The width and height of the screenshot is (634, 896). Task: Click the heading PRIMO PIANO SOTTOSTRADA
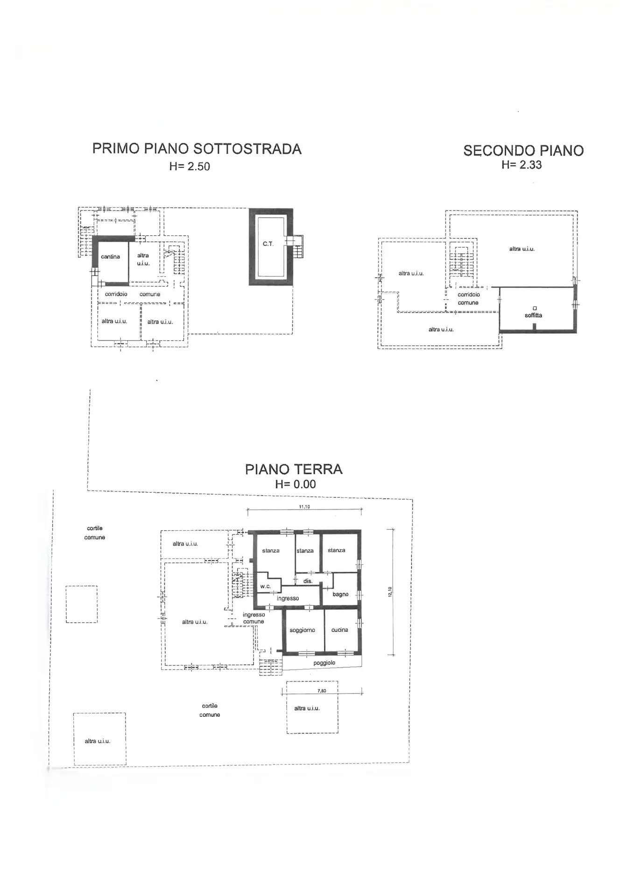197,149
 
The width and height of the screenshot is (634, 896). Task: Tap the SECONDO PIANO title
523,151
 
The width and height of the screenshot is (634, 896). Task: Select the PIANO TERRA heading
294,469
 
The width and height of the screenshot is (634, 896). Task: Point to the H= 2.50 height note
190,166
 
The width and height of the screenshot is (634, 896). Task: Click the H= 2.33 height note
521,164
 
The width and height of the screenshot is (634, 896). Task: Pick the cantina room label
110,257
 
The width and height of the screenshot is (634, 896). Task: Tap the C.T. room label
268,244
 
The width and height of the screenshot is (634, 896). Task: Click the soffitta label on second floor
533,315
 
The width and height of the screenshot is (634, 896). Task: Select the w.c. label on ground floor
265,586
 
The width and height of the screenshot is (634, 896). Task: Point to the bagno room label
340,595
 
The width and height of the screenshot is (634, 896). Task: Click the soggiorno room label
302,630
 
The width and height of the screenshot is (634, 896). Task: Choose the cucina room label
339,630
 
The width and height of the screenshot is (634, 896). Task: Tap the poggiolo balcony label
324,663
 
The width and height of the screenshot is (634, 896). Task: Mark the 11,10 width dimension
304,507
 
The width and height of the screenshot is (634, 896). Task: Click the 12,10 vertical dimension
390,592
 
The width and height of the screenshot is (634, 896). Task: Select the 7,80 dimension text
322,691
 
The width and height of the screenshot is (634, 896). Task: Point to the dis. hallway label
308,581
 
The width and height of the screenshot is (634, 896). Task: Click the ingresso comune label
254,618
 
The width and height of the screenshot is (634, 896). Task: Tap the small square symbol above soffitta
535,308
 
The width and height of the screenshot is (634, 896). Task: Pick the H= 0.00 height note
295,484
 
